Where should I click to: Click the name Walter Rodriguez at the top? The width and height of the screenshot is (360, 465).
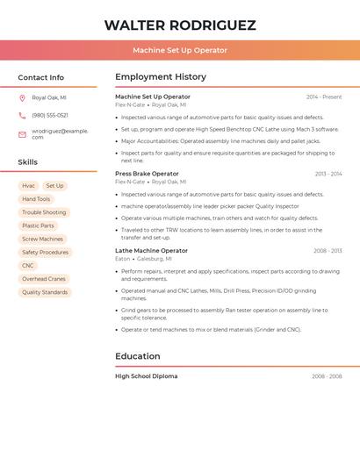pos(180,25)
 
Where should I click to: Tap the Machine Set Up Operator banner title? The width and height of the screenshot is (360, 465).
pos(180,51)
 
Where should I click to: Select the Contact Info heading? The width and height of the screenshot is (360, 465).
pos(40,77)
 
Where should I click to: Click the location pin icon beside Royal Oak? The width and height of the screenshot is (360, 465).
pos(22,97)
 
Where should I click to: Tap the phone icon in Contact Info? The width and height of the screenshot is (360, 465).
pos(22,115)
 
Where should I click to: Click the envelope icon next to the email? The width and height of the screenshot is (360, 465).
pos(22,134)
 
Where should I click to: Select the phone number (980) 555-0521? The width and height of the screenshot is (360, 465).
pos(50,115)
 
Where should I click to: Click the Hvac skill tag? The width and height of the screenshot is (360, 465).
pos(29,186)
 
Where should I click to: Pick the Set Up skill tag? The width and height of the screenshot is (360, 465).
pos(54,186)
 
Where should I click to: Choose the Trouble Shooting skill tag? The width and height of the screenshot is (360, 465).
pos(44,212)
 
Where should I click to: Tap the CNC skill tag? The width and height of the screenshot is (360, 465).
pos(28,265)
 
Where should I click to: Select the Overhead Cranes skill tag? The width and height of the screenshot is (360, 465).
pos(44,279)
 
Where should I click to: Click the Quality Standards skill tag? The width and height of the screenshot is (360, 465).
pos(45,292)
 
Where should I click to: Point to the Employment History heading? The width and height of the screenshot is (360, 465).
pos(161,77)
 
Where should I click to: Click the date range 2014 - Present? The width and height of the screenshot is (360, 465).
pos(324,97)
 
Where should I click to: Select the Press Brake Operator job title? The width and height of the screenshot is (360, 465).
pos(147,174)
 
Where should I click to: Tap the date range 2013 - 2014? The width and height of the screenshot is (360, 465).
pos(328,174)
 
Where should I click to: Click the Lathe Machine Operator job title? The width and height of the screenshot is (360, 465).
pos(150,251)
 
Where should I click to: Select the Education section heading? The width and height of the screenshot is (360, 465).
pos(138,356)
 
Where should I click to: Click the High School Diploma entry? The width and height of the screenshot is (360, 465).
pos(146,376)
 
